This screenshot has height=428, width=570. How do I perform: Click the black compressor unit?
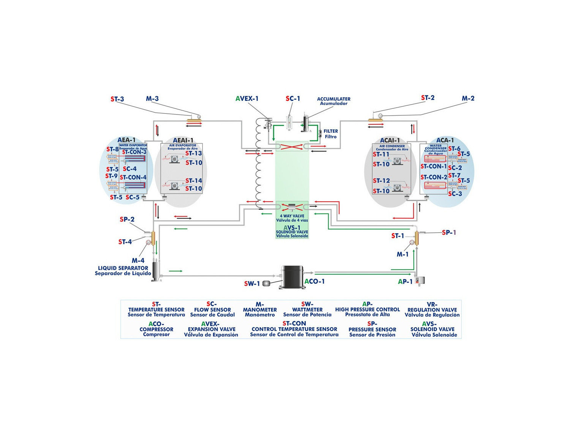(x=292, y=277)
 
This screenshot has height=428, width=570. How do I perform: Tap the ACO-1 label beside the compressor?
(x=315, y=282)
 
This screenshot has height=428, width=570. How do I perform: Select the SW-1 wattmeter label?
(x=252, y=284)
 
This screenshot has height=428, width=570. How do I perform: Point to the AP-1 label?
(x=405, y=282)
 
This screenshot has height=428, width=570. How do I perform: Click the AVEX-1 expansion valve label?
(x=247, y=99)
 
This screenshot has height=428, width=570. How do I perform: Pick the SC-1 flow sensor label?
(x=293, y=99)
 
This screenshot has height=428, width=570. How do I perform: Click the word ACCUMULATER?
(x=334, y=99)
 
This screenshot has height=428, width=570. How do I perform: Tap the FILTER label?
(x=331, y=131)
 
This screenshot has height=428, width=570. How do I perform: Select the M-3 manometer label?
(x=152, y=99)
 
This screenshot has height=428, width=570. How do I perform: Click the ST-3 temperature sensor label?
(x=117, y=99)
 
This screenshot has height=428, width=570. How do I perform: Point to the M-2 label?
(x=468, y=99)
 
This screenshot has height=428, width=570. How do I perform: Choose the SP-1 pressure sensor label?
(x=449, y=232)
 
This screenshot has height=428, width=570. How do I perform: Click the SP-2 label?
(x=127, y=220)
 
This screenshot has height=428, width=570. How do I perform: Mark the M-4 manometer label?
(x=138, y=261)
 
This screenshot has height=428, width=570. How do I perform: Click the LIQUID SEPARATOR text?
(x=123, y=268)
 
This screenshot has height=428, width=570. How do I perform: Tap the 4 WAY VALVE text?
(x=292, y=216)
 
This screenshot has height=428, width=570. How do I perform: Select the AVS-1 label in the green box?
(x=292, y=228)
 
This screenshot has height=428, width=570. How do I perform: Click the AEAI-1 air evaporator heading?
(x=183, y=140)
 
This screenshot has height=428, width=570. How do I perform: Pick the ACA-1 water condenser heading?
(x=445, y=140)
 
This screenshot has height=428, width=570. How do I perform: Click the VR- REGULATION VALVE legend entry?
(x=432, y=310)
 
